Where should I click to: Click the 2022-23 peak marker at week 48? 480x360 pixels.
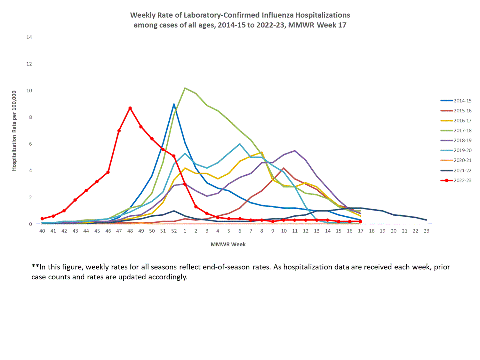(x=130, y=108)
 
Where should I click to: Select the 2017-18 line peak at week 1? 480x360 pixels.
(x=185, y=88)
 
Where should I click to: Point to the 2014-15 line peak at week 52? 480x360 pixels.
(x=174, y=104)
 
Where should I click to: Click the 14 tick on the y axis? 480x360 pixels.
(x=29, y=37)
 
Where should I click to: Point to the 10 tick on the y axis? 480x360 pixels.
(x=29, y=91)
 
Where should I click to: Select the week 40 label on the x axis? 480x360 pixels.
(x=42, y=231)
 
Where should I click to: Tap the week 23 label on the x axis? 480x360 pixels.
(x=426, y=231)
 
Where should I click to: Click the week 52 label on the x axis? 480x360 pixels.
(x=174, y=231)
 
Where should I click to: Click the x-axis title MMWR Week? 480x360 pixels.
(x=228, y=244)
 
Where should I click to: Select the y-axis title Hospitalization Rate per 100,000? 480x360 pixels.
(x=14, y=131)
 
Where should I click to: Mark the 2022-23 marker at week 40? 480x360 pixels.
(x=42, y=219)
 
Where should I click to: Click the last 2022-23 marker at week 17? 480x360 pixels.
(x=361, y=221)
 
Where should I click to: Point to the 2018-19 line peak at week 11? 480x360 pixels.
(x=295, y=151)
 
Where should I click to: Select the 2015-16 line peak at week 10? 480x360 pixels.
(x=284, y=168)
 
